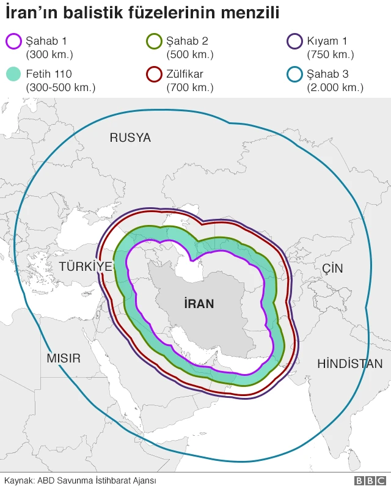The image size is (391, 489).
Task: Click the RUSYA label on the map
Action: pos(130,138)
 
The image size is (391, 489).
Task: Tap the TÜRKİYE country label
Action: pos(86,267)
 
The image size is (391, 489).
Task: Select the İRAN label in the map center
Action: pos(199,303)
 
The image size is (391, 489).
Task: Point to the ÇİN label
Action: pos(333,268)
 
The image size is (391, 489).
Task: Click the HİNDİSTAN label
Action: pos(349,364)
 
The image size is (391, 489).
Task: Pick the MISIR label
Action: pos(64,358)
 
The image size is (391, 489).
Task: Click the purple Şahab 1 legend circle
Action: pos(13,42)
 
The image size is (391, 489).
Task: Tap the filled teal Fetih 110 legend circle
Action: pos(13,75)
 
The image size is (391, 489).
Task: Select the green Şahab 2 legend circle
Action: pos(154,42)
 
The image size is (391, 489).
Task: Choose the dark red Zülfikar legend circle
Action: pos(154,75)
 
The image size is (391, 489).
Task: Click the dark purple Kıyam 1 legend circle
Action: pos(294,42)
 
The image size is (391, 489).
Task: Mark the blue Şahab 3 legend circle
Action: pos(294,75)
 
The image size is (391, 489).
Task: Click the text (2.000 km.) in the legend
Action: pos(335,87)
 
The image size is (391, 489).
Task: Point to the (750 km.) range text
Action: pos(331,55)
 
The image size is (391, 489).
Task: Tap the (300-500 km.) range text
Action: pos(60,87)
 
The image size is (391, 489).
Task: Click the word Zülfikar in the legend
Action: pos(185,75)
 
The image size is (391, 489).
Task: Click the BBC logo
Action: pos(368,480)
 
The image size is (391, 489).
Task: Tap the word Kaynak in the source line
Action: pos(18,480)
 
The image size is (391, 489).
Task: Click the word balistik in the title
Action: pos(84,12)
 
